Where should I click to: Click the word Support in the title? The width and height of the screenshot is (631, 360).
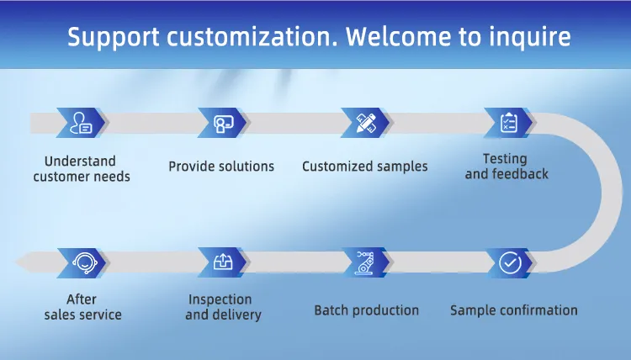pos(113,37)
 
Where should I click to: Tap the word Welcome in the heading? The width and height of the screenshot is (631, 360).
pos(398,36)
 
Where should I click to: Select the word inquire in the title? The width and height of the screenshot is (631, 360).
pos(529,38)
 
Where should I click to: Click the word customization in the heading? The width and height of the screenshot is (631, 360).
pos(252,36)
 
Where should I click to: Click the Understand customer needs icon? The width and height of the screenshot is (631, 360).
pos(81,123)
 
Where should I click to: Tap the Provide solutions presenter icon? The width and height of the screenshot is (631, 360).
pos(223,124)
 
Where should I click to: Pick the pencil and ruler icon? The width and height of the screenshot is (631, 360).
pos(366,123)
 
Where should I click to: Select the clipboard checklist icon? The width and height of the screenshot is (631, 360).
pos(509,123)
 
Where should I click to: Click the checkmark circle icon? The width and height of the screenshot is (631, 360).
pos(510,262)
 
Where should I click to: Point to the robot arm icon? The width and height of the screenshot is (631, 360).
pos(365,262)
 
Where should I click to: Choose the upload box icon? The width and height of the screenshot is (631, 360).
pos(223,262)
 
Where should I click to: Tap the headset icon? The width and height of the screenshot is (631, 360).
pos(84,262)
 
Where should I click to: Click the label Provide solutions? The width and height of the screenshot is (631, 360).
pos(221,167)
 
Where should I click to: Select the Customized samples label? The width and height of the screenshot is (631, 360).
pos(365,167)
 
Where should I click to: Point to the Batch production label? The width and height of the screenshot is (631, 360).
pos(366,310)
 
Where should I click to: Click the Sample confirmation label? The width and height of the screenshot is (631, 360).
pos(514,310)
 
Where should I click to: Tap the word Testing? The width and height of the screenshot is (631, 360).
pos(505,159)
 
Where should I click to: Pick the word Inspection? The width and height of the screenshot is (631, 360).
pos(220,299)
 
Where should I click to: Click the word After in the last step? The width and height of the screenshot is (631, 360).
pos(82,299)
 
